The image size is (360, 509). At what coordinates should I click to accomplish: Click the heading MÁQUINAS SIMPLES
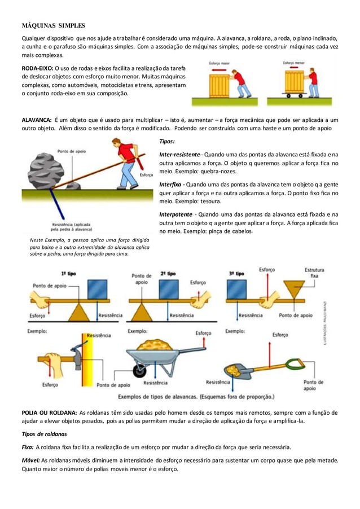point(53,25)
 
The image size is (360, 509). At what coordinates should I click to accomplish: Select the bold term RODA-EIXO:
point(37,68)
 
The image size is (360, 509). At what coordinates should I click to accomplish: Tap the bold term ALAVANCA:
point(37,120)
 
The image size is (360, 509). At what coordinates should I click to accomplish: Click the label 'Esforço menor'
point(295,63)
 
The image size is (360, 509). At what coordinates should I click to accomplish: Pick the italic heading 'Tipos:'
point(168,141)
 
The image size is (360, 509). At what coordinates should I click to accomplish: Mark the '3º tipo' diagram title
point(237,273)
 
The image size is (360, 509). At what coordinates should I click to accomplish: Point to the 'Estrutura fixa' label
point(314,273)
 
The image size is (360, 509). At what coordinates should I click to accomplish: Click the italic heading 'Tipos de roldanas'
point(49,434)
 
